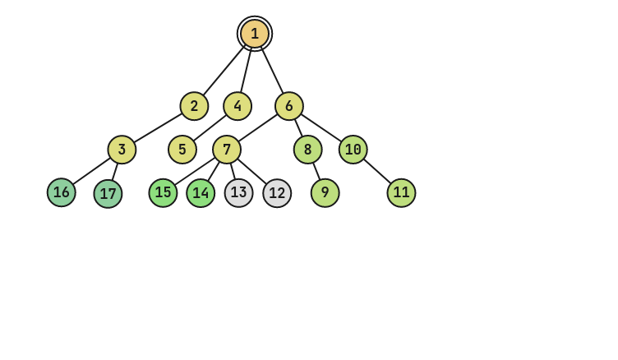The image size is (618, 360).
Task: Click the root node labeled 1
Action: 255,34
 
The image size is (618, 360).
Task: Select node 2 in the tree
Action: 195,106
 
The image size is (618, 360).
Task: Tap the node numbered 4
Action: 238,106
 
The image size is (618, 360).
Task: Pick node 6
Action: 289,106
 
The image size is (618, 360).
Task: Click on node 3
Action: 122,150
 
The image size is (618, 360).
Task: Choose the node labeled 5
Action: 182,150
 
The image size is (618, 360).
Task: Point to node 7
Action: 227,150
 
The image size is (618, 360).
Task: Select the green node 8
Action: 308,150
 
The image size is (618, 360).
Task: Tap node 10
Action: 353,150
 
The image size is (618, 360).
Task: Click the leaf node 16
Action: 62,192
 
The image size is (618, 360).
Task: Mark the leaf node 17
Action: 108,194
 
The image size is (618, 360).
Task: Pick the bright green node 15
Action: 164,192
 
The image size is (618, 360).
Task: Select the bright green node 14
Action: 201,193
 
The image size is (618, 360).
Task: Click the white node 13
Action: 239,193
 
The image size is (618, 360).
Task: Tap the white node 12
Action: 277,193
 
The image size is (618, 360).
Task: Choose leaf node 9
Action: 325,193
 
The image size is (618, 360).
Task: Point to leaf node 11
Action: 401,192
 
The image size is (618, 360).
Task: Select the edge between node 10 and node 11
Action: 377,171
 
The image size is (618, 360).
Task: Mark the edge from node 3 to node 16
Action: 91,171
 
